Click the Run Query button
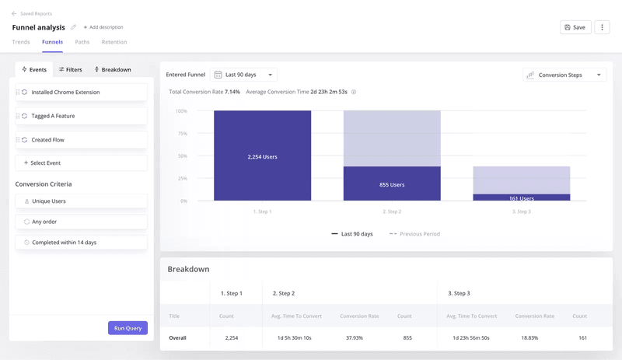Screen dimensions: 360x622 click(128, 328)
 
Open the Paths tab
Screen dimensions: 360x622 click(82, 42)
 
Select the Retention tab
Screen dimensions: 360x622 click(114, 42)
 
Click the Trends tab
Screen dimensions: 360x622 click(21, 42)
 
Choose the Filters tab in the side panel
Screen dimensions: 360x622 click(70, 70)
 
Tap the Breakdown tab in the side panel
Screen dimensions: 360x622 click(113, 70)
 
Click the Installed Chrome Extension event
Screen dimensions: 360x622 click(81, 93)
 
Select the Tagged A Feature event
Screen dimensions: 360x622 click(81, 116)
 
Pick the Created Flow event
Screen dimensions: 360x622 click(81, 140)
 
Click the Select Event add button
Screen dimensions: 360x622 click(81, 163)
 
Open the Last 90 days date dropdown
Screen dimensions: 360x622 click(243, 75)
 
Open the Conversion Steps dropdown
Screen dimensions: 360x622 click(564, 75)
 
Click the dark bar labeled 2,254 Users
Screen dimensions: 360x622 click(262, 156)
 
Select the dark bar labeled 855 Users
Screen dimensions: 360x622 click(392, 184)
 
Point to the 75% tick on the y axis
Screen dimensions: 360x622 click(181, 134)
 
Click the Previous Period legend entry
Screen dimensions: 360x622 click(414, 234)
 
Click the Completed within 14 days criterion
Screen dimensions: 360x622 click(81, 243)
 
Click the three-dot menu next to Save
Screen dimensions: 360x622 click(602, 27)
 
